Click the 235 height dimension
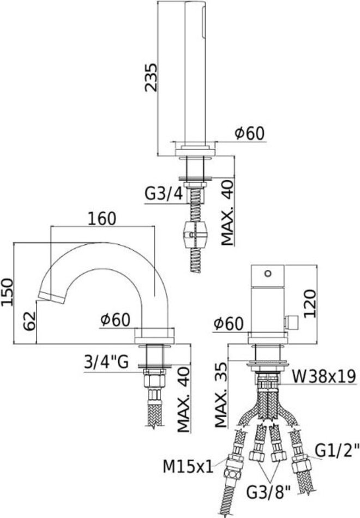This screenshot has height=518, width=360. (151, 77)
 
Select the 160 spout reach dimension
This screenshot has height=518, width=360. (102, 219)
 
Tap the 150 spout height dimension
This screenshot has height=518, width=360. (7, 292)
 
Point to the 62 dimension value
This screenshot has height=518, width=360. (29, 321)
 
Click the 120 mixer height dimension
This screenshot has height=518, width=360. (310, 304)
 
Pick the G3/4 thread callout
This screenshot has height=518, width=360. (164, 194)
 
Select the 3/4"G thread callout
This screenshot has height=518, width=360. (106, 363)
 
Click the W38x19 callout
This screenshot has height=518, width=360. (323, 376)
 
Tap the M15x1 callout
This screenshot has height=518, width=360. (188, 467)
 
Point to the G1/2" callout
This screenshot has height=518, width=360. (337, 450)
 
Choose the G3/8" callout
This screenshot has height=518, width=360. (268, 493)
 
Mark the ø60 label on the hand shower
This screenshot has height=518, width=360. (250, 133)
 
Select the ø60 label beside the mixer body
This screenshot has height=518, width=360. (229, 323)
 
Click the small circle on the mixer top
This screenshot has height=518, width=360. (268, 273)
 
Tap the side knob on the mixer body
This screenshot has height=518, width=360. (291, 322)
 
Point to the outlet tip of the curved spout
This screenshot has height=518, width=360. (52, 297)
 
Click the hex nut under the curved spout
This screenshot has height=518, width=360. (154, 380)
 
